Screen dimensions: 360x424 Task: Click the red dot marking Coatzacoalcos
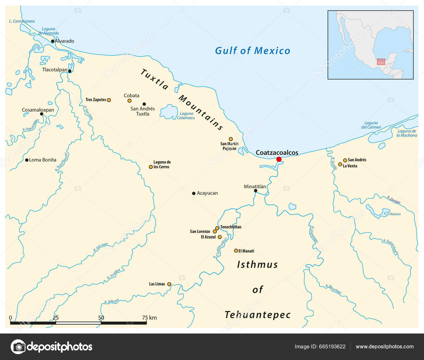click(x=279, y=159)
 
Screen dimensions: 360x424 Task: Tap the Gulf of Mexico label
click(x=252, y=51)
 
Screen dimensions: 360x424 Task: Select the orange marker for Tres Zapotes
click(x=109, y=100)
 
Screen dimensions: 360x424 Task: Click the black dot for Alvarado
click(x=53, y=41)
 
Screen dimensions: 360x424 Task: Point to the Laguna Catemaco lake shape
click(x=169, y=111)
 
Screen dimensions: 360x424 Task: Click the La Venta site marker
click(x=340, y=165)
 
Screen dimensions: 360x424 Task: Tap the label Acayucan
click(x=207, y=193)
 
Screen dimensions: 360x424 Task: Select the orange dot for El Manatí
click(x=236, y=251)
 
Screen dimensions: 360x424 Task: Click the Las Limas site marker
click(x=169, y=284)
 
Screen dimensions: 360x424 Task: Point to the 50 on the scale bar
click(x=101, y=318)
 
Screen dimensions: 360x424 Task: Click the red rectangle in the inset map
click(x=381, y=62)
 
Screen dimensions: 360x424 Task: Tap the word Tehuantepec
click(x=258, y=315)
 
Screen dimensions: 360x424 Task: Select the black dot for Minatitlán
click(x=255, y=191)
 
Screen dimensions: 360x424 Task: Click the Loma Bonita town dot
click(x=27, y=160)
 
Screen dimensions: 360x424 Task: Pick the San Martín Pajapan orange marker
click(x=231, y=139)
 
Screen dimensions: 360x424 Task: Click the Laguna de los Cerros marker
click(x=151, y=167)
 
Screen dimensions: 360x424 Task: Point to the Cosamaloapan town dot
click(x=42, y=114)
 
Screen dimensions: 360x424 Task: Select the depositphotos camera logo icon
click(x=18, y=346)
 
